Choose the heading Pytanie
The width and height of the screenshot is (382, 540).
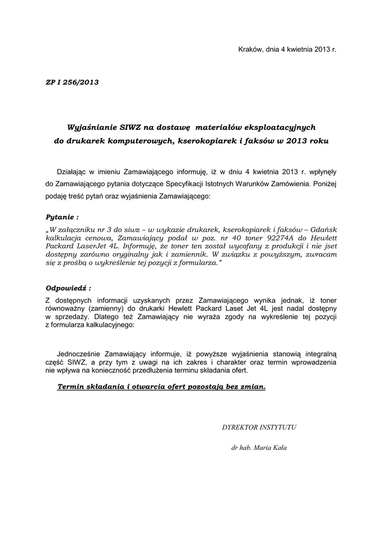[x=62, y=217]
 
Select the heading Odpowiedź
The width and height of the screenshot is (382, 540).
[x=68, y=288]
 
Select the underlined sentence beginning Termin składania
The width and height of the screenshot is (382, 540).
[x=161, y=387]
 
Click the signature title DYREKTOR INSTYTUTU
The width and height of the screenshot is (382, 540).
[x=259, y=427]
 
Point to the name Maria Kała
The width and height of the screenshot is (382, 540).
[x=270, y=448]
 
